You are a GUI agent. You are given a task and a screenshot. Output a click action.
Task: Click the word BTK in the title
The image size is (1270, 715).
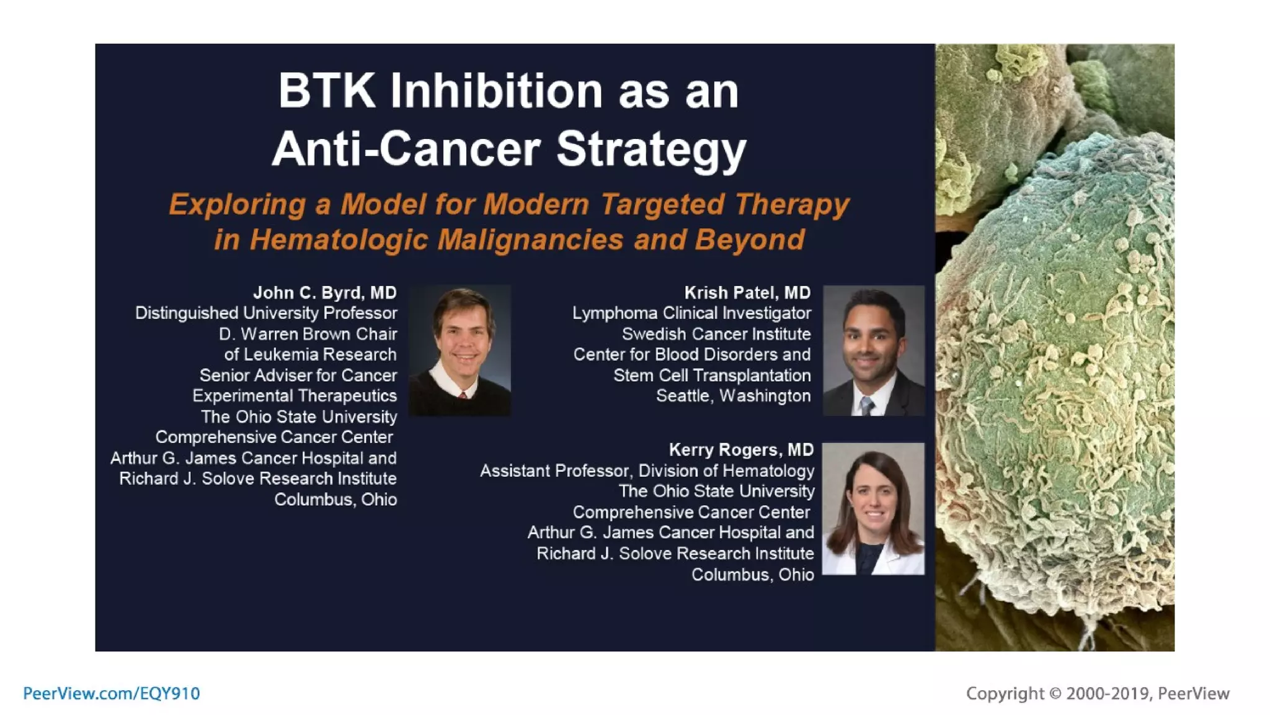(x=326, y=91)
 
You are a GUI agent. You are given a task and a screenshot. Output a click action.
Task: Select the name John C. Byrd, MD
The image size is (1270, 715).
(x=324, y=292)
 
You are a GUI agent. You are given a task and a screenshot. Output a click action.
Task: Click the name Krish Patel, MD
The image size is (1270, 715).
(x=747, y=292)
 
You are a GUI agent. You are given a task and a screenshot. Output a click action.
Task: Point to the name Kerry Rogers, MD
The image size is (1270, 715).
(x=741, y=449)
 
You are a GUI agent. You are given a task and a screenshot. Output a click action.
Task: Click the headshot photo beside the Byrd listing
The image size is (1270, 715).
(x=460, y=350)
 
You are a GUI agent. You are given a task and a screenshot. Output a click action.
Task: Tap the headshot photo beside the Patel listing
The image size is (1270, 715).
(x=873, y=350)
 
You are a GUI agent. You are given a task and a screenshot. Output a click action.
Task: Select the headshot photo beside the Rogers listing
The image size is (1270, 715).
(x=873, y=508)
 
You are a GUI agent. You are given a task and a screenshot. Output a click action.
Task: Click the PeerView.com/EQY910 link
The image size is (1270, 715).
(x=112, y=693)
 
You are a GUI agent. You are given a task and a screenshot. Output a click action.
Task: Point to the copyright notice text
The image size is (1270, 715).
(x=1098, y=693)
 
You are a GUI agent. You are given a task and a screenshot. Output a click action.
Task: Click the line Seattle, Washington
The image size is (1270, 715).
(x=733, y=396)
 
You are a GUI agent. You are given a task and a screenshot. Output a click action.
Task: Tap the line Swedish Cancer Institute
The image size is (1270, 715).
(x=716, y=334)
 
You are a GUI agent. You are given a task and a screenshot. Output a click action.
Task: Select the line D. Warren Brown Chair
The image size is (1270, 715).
(x=308, y=334)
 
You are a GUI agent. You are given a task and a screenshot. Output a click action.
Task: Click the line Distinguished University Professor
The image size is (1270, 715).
(x=266, y=313)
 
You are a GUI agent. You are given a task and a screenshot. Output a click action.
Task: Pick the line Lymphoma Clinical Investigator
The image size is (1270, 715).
(x=691, y=313)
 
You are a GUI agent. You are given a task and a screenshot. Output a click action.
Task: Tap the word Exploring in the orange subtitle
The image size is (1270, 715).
(x=237, y=204)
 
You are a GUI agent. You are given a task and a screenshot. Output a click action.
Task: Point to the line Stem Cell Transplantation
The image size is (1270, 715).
(x=712, y=375)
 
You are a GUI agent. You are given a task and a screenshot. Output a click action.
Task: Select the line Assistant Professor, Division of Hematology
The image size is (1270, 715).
(x=647, y=470)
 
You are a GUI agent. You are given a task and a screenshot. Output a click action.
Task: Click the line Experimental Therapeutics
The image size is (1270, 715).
(x=295, y=396)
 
